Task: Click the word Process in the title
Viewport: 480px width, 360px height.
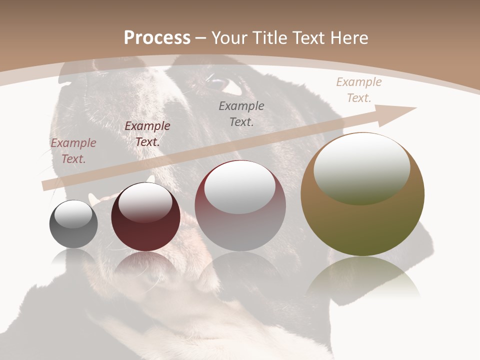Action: pos(157,38)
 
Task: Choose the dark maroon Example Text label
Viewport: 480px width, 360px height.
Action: pos(147,134)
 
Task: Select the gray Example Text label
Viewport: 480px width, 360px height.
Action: pos(241,113)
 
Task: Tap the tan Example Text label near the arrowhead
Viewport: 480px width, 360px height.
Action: pos(359,90)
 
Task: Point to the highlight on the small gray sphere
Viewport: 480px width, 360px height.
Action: pos(73,214)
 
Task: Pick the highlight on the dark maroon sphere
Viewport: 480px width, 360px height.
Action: pos(145,202)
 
